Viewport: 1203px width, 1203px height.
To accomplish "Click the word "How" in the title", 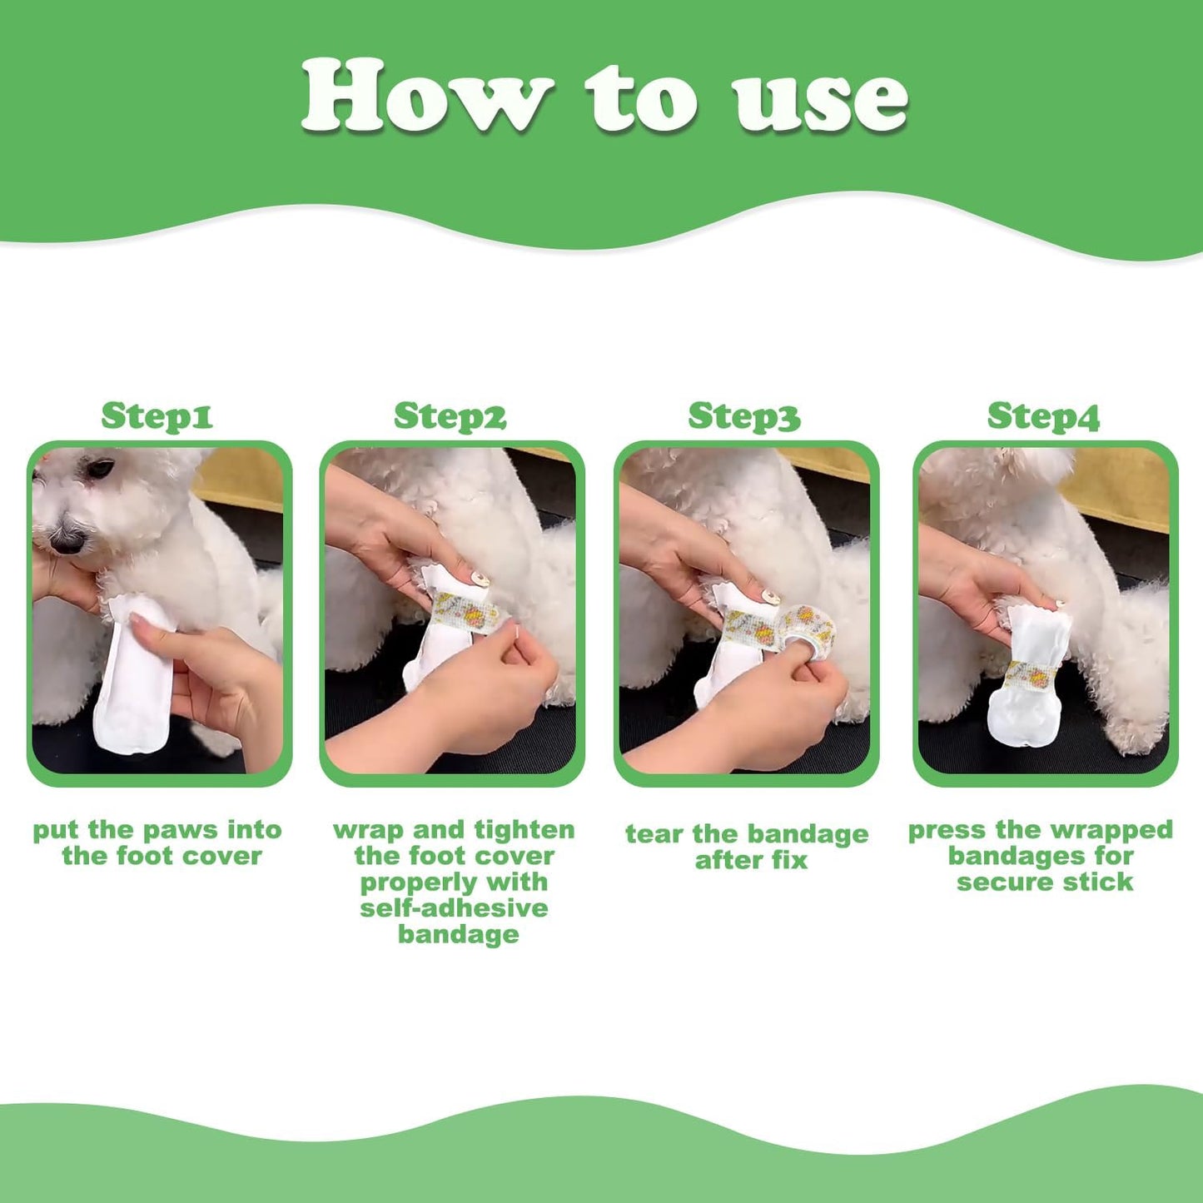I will pos(426,96).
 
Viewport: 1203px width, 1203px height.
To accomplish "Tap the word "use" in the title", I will pos(820,100).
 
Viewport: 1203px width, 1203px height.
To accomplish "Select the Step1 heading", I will pos(157,415).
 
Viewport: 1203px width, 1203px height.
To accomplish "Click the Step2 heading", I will pos(450,415).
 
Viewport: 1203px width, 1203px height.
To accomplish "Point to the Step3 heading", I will pos(743,415).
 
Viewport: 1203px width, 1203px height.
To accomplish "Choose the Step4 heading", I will pos(1043,415).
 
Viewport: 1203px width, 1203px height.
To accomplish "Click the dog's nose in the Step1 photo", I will pos(67,541).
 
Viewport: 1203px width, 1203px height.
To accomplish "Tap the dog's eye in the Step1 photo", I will pos(101,469).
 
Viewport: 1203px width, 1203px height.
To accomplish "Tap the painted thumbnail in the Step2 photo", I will pos(480,579).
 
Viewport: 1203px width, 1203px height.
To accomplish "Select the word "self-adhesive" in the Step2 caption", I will pos(454,907).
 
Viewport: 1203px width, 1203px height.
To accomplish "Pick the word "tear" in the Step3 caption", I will pos(654,833).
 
